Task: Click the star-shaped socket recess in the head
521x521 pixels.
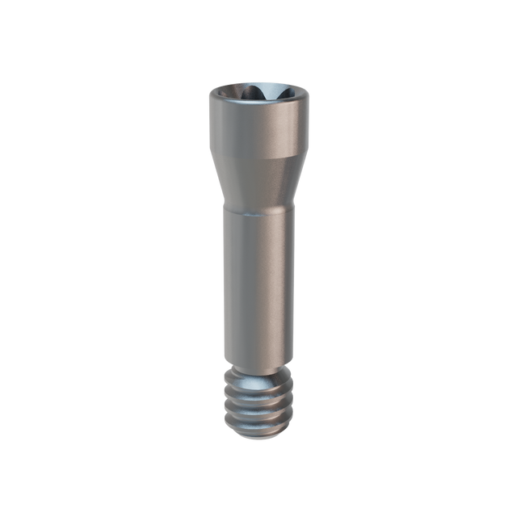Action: pos(260,95)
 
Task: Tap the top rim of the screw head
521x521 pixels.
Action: pos(260,83)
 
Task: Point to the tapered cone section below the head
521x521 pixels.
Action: pos(260,182)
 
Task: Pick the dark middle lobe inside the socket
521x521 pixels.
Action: pos(260,93)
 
